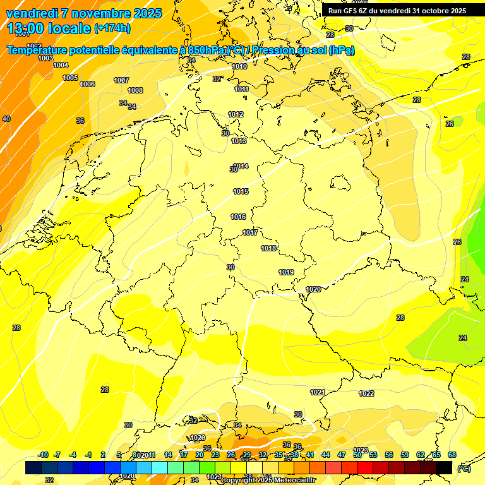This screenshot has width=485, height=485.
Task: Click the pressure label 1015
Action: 241,191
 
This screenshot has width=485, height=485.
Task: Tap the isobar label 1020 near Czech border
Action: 313,289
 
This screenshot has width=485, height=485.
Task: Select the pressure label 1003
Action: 45,58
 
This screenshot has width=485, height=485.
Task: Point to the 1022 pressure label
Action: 366,393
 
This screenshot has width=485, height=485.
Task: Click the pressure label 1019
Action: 286,272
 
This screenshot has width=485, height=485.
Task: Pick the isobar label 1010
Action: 239,66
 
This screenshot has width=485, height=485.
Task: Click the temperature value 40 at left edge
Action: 6,119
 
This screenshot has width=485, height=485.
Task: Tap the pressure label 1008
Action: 135,90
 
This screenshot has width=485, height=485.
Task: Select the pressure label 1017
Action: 250,233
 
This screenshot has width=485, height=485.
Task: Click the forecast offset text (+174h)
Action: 112,28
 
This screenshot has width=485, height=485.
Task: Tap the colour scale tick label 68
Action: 452,455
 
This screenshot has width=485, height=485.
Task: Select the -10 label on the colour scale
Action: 43,455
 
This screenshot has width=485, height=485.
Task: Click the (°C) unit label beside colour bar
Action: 464,469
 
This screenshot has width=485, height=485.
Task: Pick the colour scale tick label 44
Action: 326,455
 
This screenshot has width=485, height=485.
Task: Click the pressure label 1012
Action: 236,114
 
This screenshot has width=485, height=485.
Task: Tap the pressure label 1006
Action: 87,84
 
